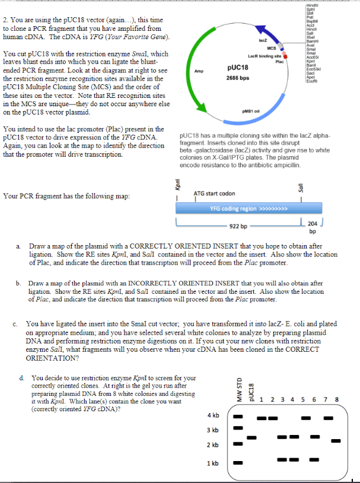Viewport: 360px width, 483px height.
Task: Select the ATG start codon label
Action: pos(214,193)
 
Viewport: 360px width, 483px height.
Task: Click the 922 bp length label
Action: pos(238,226)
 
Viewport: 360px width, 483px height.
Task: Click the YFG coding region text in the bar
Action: pos(249,209)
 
